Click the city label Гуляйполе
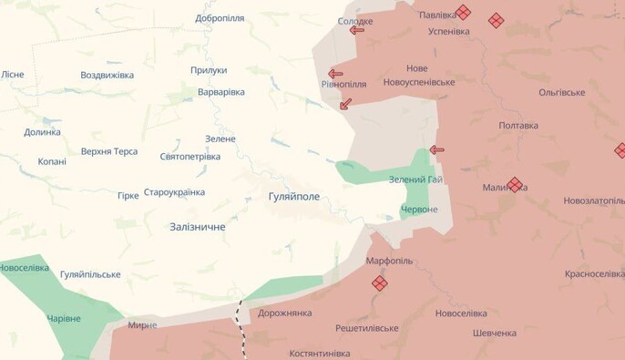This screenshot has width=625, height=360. pos(293,196)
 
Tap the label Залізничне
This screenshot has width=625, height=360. pos(198,226)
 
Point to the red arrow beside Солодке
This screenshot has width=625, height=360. pos(356,30)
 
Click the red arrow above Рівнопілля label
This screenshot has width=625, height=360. pos(335,74)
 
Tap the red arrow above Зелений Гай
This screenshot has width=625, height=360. pos(436,149)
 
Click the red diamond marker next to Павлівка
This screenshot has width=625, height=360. pos(464,13)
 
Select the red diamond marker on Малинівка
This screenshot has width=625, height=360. pos(515,185)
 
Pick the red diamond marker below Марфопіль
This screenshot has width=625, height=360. pos(380,283)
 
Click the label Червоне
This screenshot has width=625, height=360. pos(419,210)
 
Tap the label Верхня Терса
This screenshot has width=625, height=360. pos(109,151)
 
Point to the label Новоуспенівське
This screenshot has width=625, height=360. pos(418,82)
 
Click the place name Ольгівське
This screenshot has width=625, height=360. pos(562,93)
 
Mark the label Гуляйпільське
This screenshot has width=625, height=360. pos(90,273)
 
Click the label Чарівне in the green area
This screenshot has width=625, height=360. pos(64,319)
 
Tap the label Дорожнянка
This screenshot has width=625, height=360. pos(284,313)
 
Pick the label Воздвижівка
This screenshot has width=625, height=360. pos(107,75)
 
